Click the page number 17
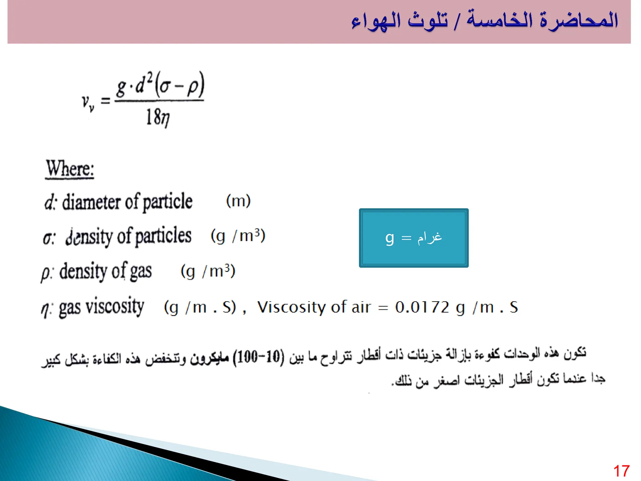[621, 471]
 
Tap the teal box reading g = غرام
[413, 238]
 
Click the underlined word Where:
[70, 169]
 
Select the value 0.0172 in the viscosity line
[422, 307]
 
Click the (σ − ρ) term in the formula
[180, 85]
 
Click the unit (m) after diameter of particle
[238, 201]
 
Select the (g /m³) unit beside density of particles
[238, 236]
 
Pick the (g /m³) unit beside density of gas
[208, 271]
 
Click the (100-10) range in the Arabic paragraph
[259, 356]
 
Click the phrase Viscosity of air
[314, 307]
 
